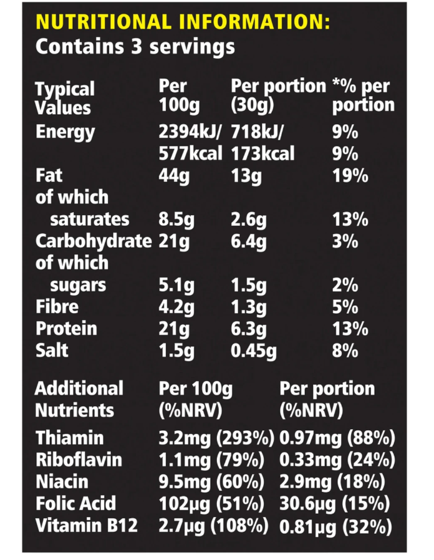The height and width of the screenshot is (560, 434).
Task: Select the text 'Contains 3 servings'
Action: (135, 47)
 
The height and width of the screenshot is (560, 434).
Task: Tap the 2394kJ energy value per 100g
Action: (190, 132)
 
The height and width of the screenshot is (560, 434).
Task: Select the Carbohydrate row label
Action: (94, 241)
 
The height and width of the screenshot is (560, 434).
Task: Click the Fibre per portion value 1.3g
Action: (249, 307)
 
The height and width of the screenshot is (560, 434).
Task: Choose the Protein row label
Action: (67, 329)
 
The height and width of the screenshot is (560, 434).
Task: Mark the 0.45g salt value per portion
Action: (254, 350)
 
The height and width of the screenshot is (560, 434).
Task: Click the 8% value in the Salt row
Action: (345, 350)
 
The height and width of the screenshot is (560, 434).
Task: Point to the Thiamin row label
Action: (70, 438)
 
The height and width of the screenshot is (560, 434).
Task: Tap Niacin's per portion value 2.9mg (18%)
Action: (332, 482)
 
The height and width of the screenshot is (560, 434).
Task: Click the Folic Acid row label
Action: (76, 504)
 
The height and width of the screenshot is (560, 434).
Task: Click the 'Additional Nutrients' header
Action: (79, 399)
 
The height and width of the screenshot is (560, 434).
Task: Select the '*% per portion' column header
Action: (363, 95)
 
